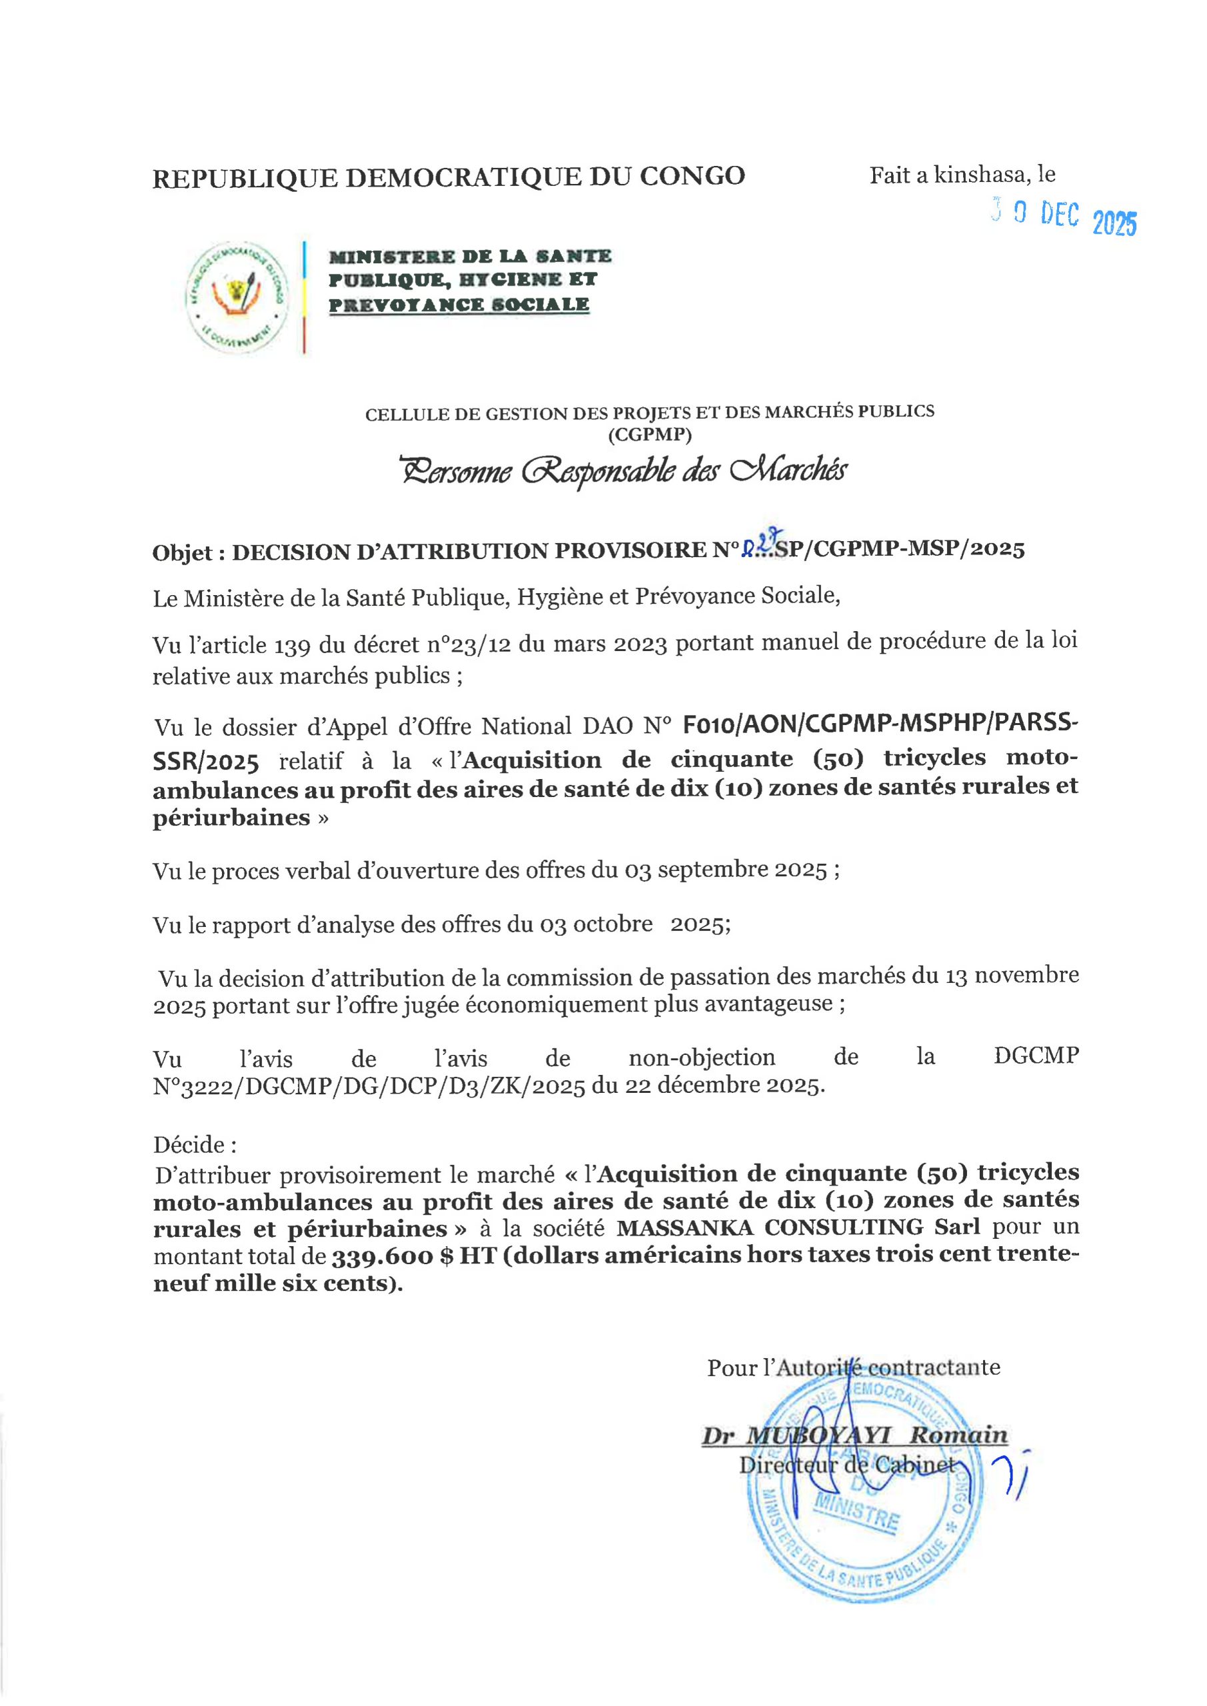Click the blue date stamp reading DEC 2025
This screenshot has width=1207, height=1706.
point(1064,218)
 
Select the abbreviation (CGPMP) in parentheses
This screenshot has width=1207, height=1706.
point(650,434)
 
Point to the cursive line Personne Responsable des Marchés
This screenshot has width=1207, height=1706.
point(622,470)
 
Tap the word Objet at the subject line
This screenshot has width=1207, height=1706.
point(185,552)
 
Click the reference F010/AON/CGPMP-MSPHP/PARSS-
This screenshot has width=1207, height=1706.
point(880,724)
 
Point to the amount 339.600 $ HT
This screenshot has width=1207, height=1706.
point(413,1256)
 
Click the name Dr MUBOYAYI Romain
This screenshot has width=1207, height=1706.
point(854,1435)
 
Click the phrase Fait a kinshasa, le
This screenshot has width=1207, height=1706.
point(962,175)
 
